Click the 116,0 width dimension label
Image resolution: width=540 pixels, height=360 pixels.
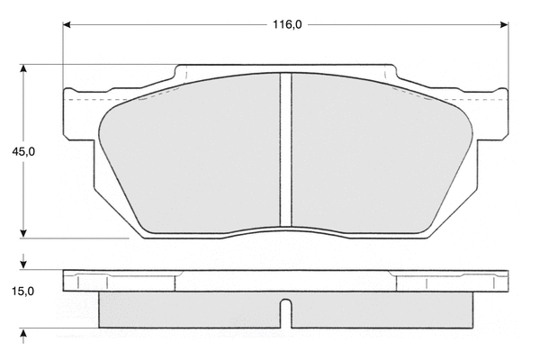coord(287,25)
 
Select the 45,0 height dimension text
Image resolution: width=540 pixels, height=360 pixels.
coord(23,151)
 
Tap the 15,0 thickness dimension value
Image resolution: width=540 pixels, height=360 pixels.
coord(23,292)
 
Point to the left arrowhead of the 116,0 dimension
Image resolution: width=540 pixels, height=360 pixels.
coord(67,25)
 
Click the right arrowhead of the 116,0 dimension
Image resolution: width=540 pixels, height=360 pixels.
coord(504,25)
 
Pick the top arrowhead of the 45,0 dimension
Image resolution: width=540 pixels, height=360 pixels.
coord(23,68)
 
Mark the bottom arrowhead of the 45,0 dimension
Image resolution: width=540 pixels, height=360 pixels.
coord(23,234)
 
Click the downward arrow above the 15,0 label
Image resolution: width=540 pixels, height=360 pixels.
coord(23,262)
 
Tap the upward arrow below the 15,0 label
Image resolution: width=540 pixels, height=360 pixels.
coord(23,337)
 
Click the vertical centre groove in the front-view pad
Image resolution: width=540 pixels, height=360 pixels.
coord(286,150)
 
